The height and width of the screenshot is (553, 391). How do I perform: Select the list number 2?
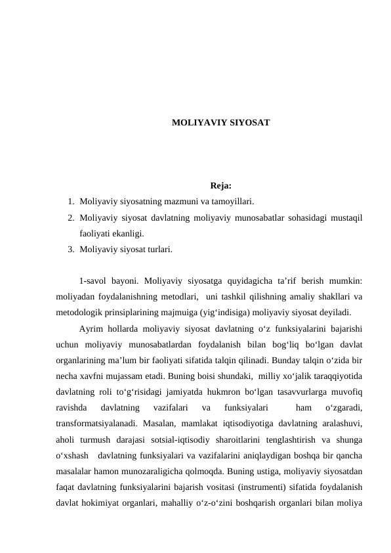tap(70, 217)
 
